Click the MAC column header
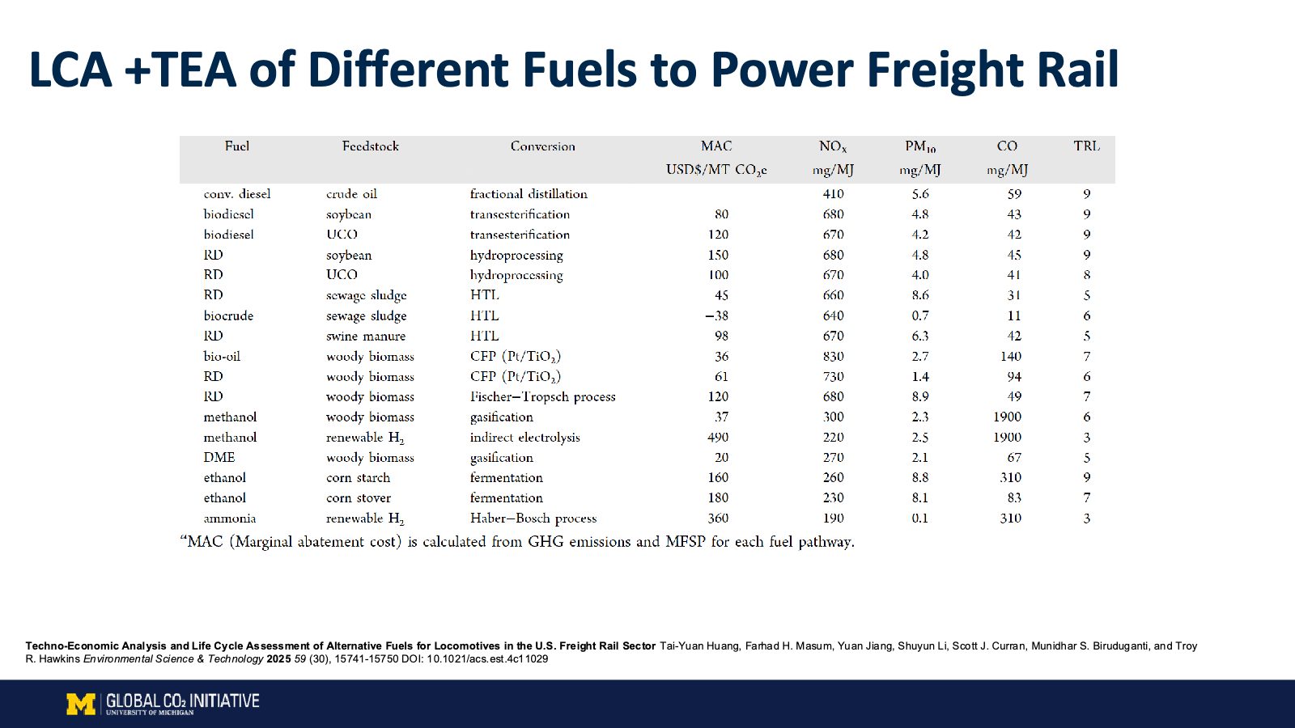click(716, 146)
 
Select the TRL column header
click(1086, 146)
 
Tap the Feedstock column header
click(370, 146)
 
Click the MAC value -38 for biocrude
click(716, 316)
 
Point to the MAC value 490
click(718, 438)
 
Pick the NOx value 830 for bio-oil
click(833, 357)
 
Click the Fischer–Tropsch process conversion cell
click(542, 397)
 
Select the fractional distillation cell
click(529, 194)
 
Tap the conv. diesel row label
click(237, 194)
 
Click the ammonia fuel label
click(230, 518)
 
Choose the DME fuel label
click(219, 458)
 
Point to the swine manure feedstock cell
click(366, 336)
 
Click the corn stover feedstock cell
click(359, 498)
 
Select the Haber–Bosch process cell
click(533, 518)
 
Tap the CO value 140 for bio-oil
click(1011, 357)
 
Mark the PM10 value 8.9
click(919, 397)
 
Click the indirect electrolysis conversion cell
click(525, 438)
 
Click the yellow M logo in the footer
click(81, 704)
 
